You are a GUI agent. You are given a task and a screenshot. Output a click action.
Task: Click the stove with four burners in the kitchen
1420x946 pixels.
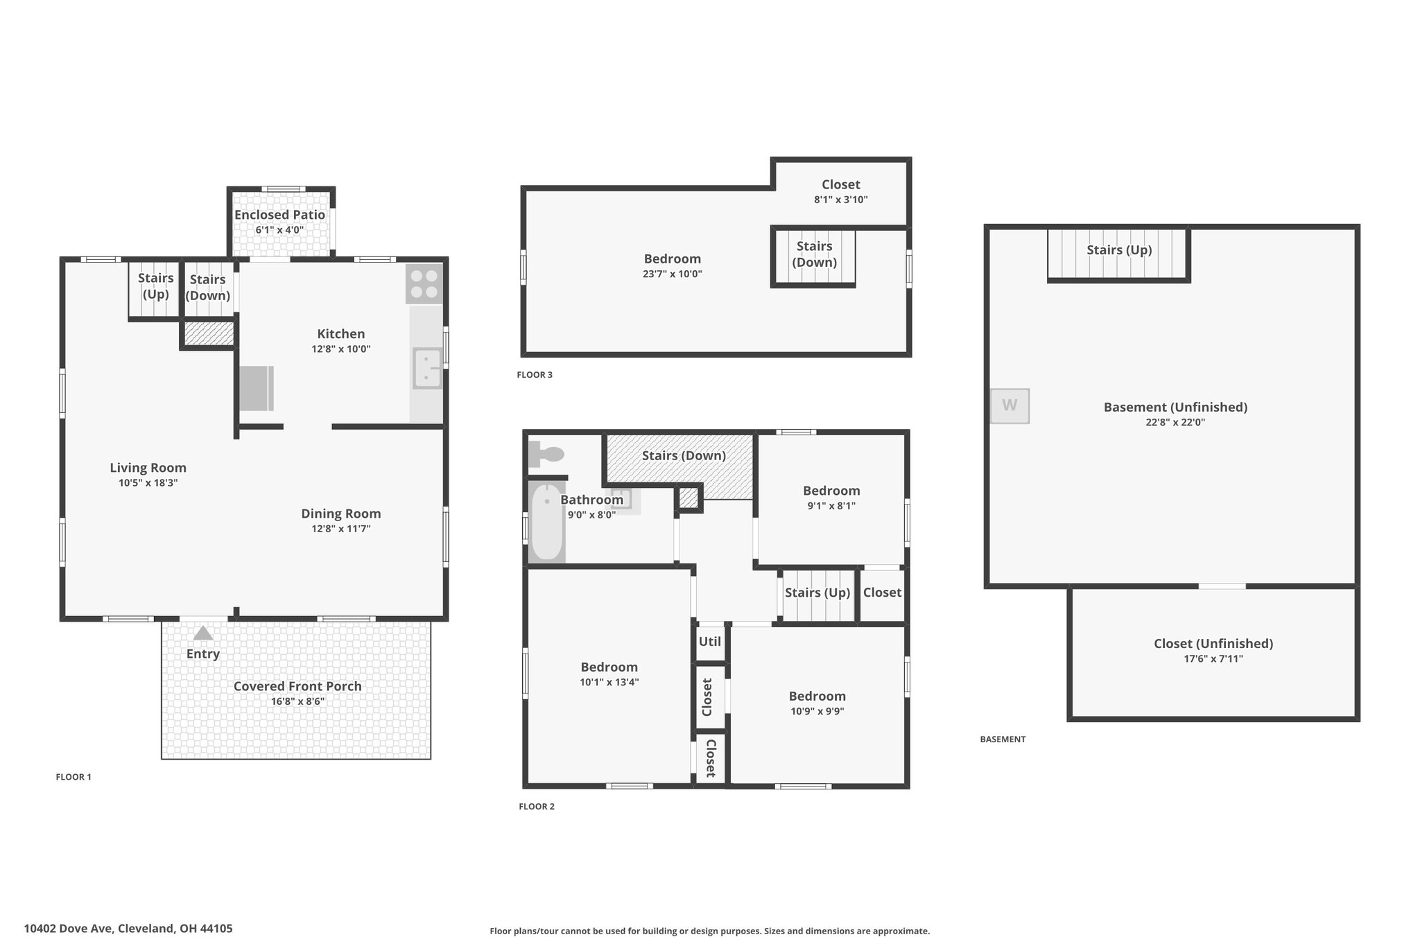[x=424, y=283]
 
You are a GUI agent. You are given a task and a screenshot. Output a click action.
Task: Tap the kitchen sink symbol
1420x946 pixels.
[x=427, y=368]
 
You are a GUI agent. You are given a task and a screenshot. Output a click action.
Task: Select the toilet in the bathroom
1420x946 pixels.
[x=546, y=455]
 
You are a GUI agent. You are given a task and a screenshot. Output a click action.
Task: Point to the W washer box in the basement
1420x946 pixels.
[x=1010, y=405]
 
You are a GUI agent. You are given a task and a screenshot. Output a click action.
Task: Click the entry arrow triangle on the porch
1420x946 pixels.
[x=202, y=633]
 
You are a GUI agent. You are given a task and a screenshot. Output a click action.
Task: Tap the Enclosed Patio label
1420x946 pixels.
[x=279, y=215]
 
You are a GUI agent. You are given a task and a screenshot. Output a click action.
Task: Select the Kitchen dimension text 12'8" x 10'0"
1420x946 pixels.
[x=341, y=349]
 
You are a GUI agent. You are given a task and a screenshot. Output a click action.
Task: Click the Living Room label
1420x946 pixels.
[x=148, y=468]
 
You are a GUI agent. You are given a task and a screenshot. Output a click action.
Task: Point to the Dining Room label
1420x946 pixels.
[x=341, y=514]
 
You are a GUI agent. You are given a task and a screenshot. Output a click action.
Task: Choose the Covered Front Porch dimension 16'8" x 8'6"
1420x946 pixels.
[x=297, y=701]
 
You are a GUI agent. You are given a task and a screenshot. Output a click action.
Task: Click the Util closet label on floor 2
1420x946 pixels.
[x=710, y=641]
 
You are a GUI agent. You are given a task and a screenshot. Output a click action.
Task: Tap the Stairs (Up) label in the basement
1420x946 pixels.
[x=1119, y=249]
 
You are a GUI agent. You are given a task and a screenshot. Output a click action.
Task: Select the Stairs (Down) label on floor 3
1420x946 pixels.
[x=815, y=254]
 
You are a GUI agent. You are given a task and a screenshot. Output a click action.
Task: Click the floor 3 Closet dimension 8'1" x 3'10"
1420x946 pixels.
[x=841, y=200]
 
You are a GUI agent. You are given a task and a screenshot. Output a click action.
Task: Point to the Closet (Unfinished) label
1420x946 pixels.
[x=1213, y=643]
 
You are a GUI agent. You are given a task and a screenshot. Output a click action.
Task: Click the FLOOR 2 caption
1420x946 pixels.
[x=537, y=806]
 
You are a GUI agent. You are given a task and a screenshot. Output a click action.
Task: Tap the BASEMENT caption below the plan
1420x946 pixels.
[x=1003, y=739]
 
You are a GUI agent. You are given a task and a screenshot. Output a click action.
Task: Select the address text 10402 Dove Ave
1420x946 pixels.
[x=68, y=928]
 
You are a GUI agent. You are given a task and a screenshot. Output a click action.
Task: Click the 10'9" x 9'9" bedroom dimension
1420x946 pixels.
[x=817, y=711]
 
